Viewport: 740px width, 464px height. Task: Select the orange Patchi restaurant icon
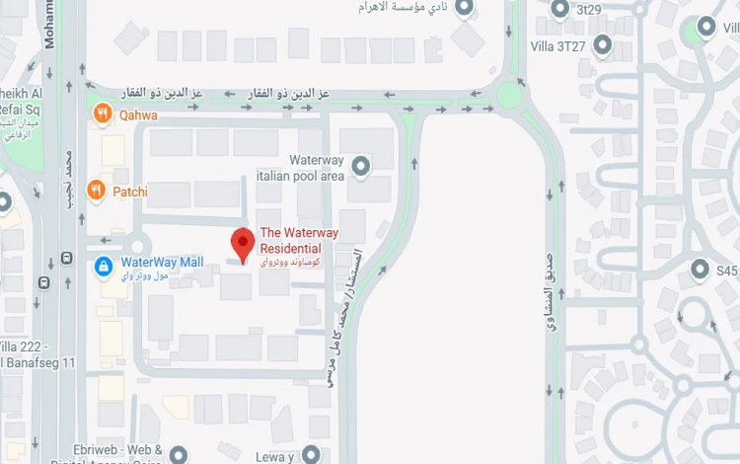96,190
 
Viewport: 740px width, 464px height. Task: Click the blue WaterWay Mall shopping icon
103,266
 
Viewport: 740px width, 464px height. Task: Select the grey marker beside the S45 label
700,269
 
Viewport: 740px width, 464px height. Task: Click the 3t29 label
589,10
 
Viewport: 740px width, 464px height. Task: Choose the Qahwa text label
139,116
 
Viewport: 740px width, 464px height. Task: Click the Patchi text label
129,191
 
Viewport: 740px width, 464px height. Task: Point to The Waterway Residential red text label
298,240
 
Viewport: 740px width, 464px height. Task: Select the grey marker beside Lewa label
311,454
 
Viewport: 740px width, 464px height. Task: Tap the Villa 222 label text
37,348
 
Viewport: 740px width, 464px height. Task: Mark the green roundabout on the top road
510,96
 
